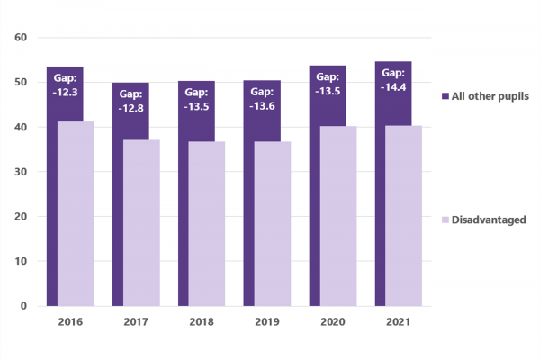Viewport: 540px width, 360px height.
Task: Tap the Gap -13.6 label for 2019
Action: [x=262, y=98]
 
